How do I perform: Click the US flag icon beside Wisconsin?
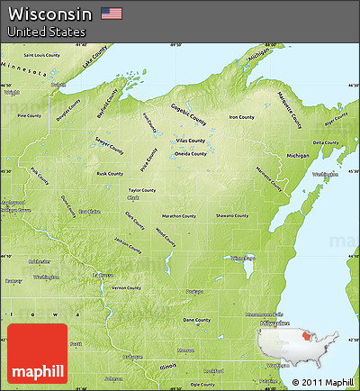pyautogui.click(x=112, y=13)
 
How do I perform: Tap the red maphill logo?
pyautogui.click(x=36, y=352)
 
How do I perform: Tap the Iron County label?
pyautogui.click(x=241, y=117)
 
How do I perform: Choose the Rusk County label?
pyautogui.click(x=110, y=174)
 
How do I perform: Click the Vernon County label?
pyautogui.click(x=126, y=287)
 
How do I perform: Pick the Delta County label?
pyautogui.click(x=326, y=142)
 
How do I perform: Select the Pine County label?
pyautogui.click(x=29, y=115)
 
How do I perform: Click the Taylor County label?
pyautogui.click(x=142, y=190)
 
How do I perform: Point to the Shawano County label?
pyautogui.click(x=232, y=215)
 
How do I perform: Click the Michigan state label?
pyautogui.click(x=298, y=155)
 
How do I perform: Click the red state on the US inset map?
pyautogui.click(x=302, y=339)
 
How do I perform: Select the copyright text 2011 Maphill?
pyautogui.click(x=324, y=382)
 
